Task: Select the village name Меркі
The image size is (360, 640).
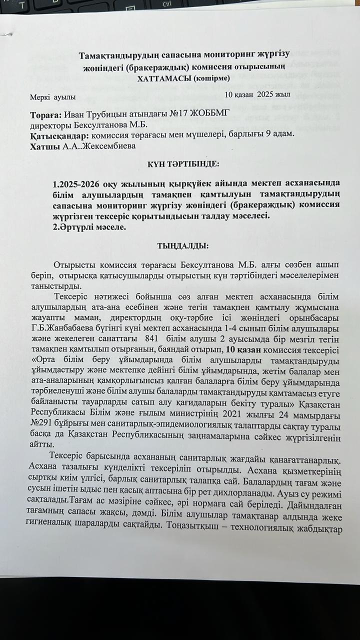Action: point(41,96)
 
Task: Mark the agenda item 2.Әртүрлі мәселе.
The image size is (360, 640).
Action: point(93,226)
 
